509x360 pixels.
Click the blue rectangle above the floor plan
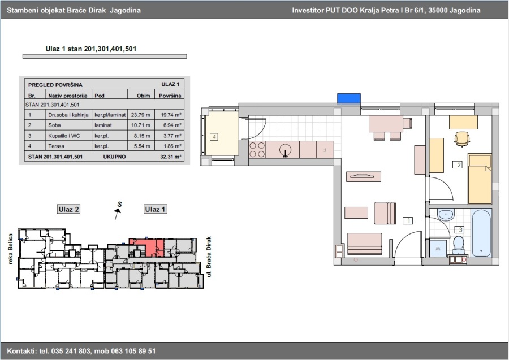(x=348, y=99)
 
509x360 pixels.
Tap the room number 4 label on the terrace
(x=214, y=137)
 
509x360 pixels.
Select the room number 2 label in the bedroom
(x=458, y=165)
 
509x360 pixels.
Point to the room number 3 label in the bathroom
(x=459, y=229)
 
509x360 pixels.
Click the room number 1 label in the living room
(x=408, y=220)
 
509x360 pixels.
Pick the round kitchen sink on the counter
(x=285, y=150)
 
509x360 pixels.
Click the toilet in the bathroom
(x=459, y=245)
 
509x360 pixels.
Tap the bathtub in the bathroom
(x=481, y=233)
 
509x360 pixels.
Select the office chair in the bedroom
(x=462, y=139)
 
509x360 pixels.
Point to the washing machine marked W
(x=438, y=249)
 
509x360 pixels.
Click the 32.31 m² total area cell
(x=170, y=157)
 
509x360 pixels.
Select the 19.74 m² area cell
(x=171, y=115)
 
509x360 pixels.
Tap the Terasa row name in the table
(x=56, y=146)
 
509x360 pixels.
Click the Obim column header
(x=144, y=96)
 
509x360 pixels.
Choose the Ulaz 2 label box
(x=68, y=209)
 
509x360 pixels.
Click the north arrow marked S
(x=118, y=211)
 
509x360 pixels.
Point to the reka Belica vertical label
(x=10, y=249)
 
